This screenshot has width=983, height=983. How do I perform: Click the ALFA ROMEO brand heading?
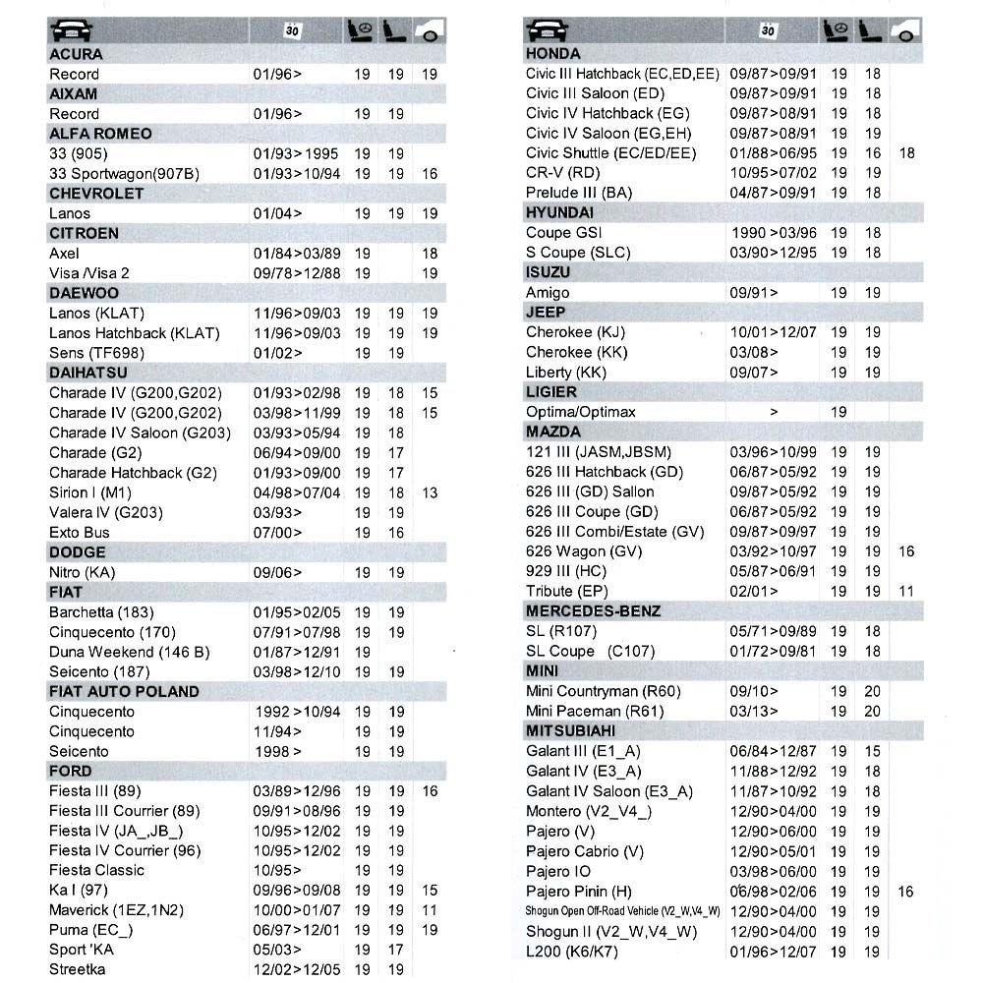point(100,134)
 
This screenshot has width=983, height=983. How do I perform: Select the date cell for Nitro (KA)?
point(277,572)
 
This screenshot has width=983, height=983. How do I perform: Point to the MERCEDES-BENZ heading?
point(593,611)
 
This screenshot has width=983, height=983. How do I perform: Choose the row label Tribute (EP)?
point(567,591)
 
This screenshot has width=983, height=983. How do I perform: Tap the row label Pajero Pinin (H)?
point(579,892)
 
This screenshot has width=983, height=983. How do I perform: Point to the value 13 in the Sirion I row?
point(430,492)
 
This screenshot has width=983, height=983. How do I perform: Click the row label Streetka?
point(78,969)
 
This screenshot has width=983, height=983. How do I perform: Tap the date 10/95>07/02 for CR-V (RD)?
point(773,173)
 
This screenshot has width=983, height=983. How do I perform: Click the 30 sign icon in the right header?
point(768,30)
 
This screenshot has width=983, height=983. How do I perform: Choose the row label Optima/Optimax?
point(581,412)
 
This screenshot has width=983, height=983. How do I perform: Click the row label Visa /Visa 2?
point(89,273)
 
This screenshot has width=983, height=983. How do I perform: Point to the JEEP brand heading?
point(547,313)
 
